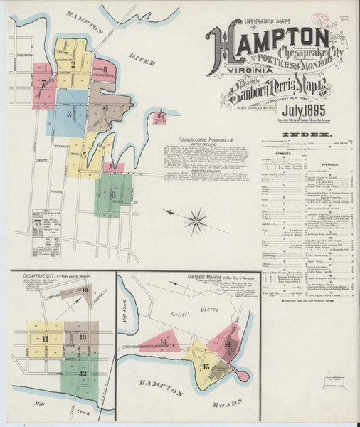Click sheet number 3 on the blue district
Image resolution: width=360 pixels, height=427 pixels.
click(x=69, y=114)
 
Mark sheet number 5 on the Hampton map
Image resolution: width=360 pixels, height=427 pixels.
click(x=83, y=153)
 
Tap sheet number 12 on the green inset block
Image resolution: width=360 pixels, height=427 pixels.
click(x=83, y=372)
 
